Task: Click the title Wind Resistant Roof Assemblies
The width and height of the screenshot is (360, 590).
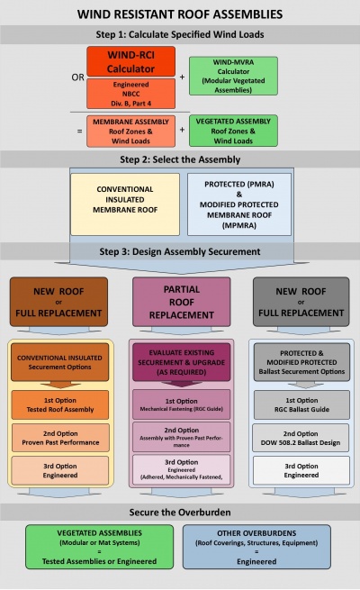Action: click(x=180, y=14)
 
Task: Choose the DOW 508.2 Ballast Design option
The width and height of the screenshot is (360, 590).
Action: click(x=300, y=437)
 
